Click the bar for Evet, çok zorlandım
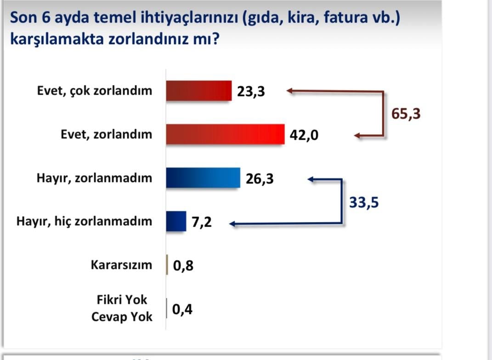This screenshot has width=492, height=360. pyautogui.click(x=199, y=91)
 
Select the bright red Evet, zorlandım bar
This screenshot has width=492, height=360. pyautogui.click(x=225, y=134)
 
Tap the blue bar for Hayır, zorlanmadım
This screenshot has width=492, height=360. pyautogui.click(x=204, y=178)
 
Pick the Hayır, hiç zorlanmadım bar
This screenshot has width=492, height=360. pyautogui.click(x=176, y=222)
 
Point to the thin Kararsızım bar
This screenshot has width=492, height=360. pyautogui.click(x=167, y=265)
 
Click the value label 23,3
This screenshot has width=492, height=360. pyautogui.click(x=251, y=91)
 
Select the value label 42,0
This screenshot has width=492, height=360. pyautogui.click(x=304, y=135)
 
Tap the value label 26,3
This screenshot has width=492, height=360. pyautogui.click(x=260, y=179)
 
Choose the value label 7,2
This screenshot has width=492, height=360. pyautogui.click(x=202, y=222)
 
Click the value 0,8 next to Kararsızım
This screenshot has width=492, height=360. pyautogui.click(x=183, y=266)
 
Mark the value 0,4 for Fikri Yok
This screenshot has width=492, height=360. pyautogui.click(x=182, y=309)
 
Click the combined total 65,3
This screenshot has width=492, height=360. pyautogui.click(x=406, y=114)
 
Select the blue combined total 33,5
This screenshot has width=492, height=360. pyautogui.click(x=364, y=202)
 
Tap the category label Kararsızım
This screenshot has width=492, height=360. pyautogui.click(x=121, y=265)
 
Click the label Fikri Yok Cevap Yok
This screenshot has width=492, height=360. pyautogui.click(x=122, y=308)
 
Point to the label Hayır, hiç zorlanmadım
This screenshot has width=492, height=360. pyautogui.click(x=85, y=222)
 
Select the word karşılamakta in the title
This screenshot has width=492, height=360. pyautogui.click(x=57, y=40)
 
